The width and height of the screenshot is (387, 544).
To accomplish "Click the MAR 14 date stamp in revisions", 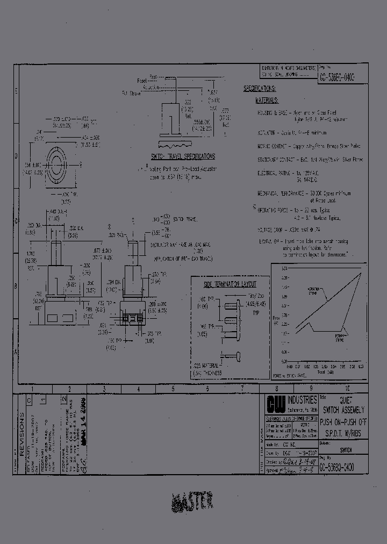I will pos(83,422).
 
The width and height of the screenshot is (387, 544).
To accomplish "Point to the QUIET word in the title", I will pos(344,400).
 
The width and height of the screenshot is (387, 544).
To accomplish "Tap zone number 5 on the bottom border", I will pos(173,388).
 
